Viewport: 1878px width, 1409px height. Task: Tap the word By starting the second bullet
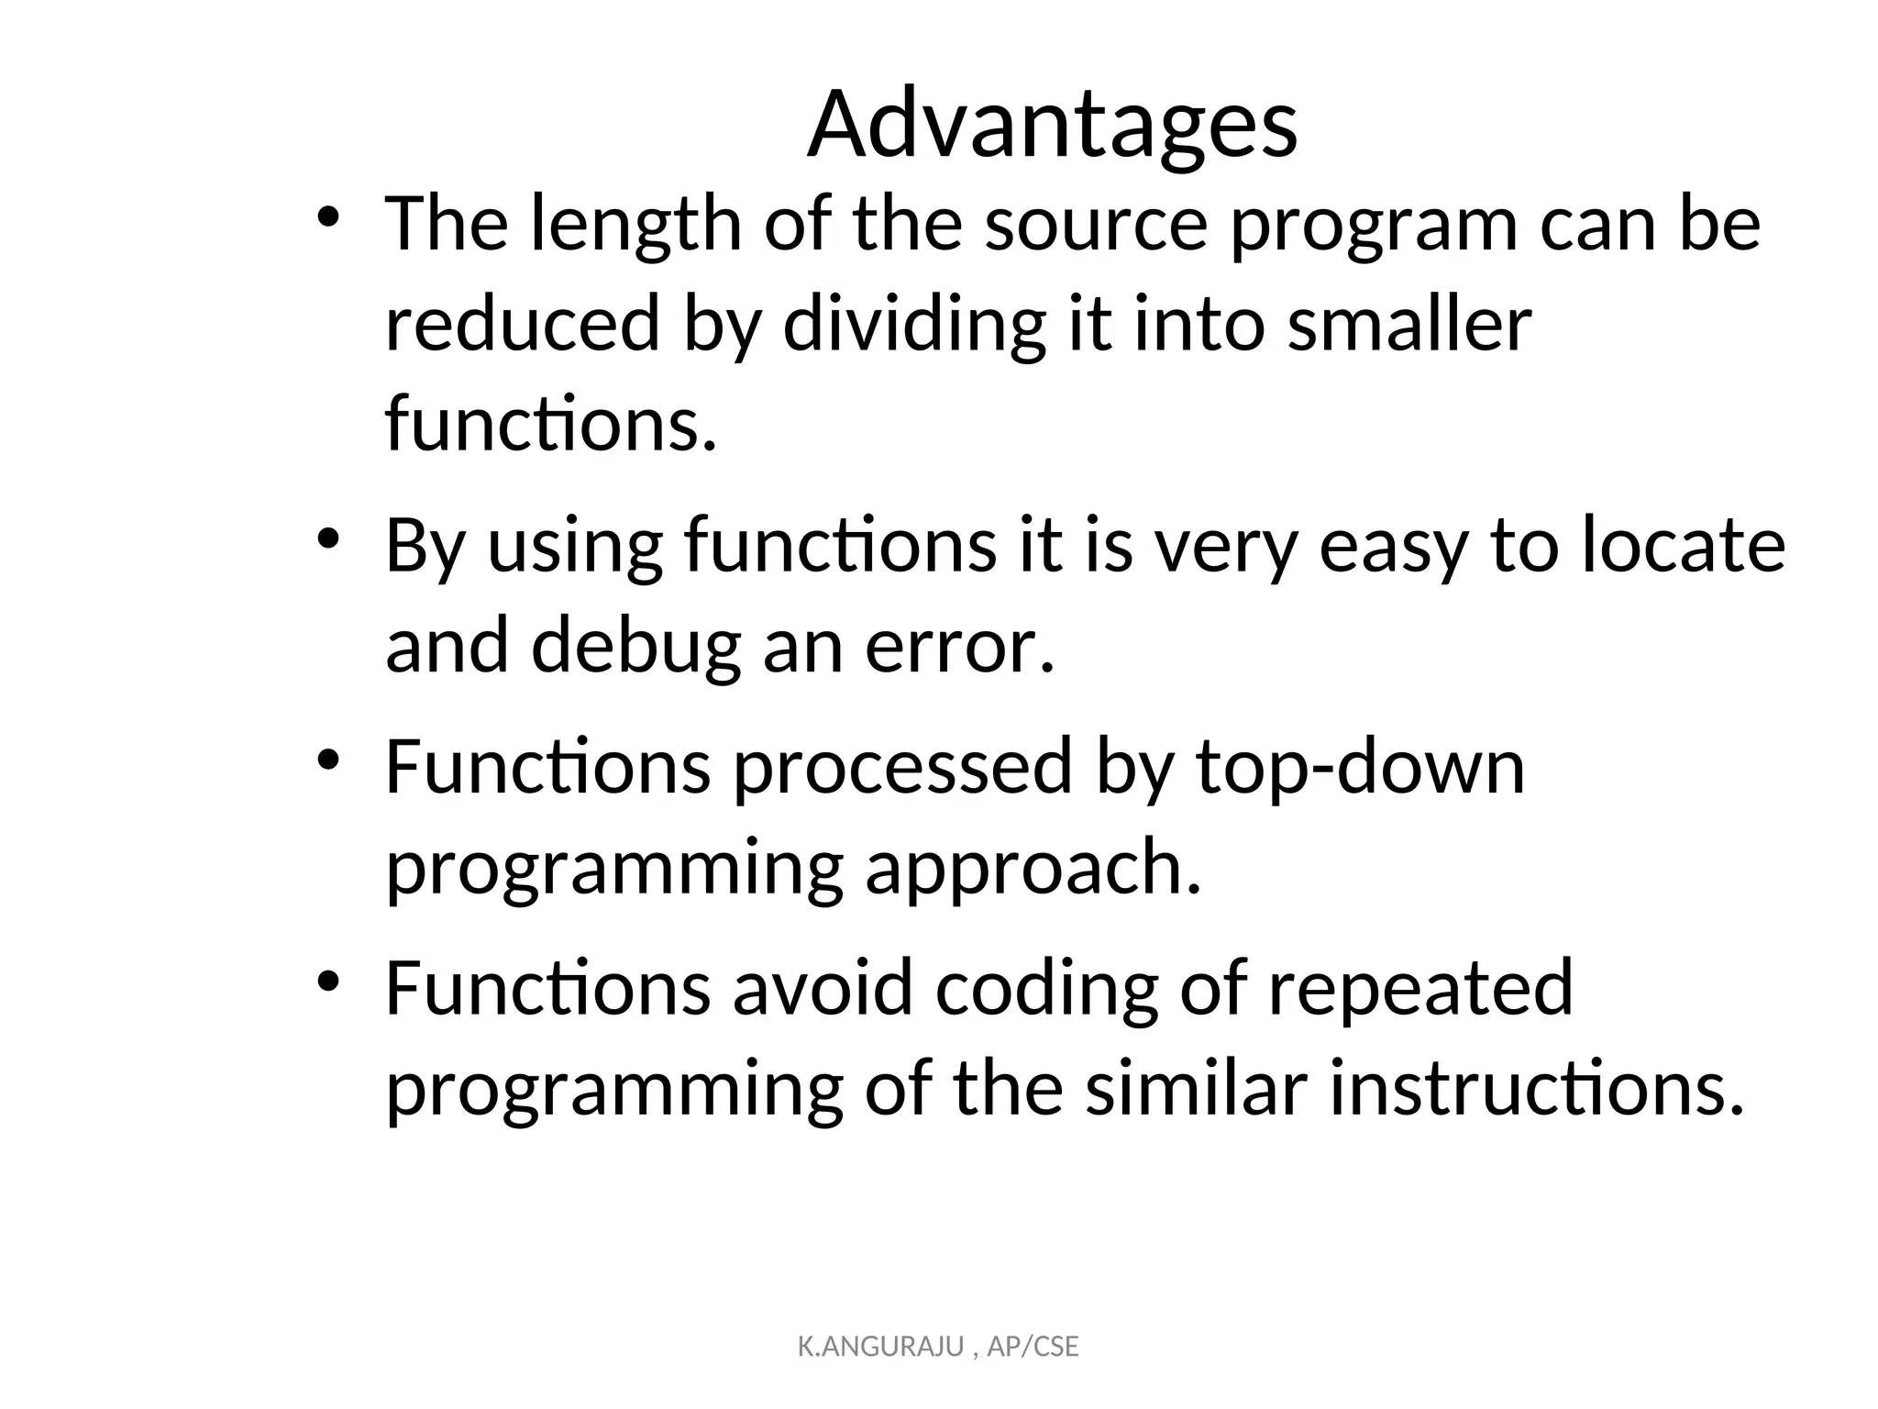(x=425, y=547)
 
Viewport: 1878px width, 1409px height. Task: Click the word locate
(x=1684, y=547)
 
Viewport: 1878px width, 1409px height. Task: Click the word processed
(x=902, y=768)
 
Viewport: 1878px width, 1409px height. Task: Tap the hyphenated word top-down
(x=1361, y=768)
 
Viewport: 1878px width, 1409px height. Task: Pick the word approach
(x=1033, y=869)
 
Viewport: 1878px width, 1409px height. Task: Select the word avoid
(x=822, y=989)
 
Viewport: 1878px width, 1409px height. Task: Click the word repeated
(x=1420, y=989)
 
